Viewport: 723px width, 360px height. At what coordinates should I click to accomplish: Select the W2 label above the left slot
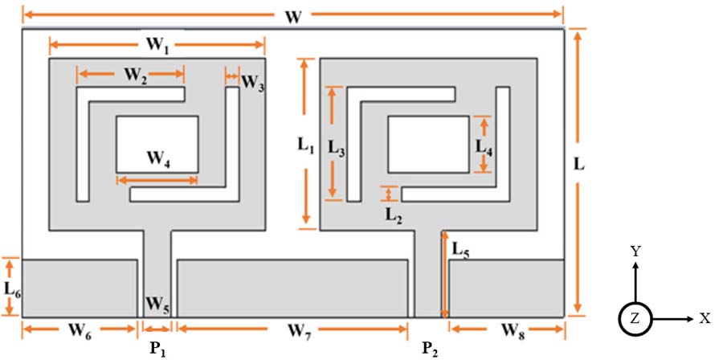tap(134, 77)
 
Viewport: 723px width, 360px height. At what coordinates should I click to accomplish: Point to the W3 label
tap(252, 82)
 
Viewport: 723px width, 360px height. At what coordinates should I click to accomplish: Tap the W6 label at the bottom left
tap(78, 329)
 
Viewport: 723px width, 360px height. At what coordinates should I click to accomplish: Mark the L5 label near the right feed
tap(461, 249)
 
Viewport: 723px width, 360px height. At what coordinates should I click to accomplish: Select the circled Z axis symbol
tap(635, 318)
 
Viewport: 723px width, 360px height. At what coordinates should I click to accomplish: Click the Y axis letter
tap(635, 252)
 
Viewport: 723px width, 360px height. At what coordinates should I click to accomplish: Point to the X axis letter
tap(705, 318)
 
